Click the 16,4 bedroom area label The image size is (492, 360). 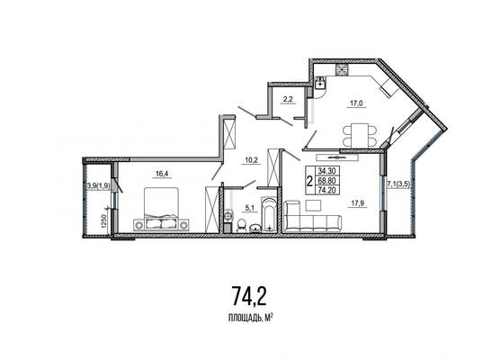tap(162, 174)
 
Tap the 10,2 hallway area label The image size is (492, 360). tap(251, 160)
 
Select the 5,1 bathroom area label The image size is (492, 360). tap(249, 207)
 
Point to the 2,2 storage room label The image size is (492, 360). tap(288, 99)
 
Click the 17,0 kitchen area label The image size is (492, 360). tap(356, 103)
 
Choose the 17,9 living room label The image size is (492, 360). tap(357, 203)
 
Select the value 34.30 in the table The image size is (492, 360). tap(327, 171)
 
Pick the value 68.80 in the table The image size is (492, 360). tap(327, 181)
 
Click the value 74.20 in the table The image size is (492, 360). tap(327, 190)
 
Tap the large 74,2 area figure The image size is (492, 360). tap(249, 296)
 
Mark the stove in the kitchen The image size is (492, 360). tap(342, 70)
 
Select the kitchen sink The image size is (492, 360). tap(320, 83)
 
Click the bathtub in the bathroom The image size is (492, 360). tap(269, 215)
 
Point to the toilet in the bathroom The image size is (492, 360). tap(241, 225)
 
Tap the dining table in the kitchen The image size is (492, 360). tap(359, 135)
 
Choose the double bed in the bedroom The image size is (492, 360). tap(161, 208)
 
